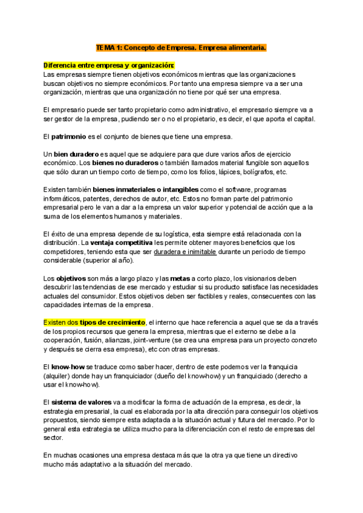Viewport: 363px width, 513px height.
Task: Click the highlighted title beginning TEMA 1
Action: pos(181,47)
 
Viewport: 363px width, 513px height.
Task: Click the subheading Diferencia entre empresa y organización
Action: pos(109,65)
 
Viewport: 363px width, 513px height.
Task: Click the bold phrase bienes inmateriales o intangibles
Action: pos(137,190)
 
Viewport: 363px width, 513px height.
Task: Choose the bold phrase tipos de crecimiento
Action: pos(113,322)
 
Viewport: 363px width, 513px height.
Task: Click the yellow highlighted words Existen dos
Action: pos(60,322)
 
